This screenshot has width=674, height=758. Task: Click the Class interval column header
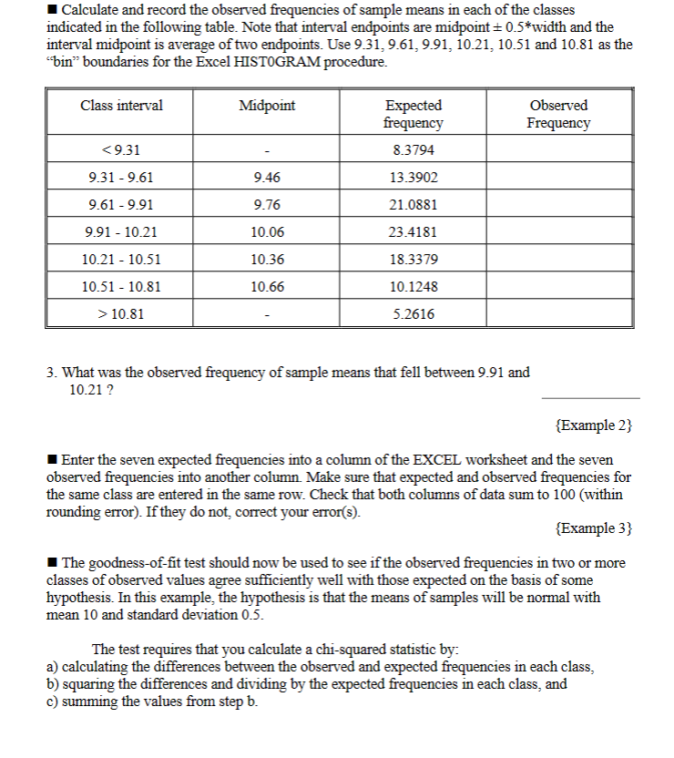point(121,106)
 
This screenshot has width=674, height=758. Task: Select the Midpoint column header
point(266,106)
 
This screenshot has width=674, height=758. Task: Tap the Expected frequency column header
point(413,114)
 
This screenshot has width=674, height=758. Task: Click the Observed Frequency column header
point(558,114)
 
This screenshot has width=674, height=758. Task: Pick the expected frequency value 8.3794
point(413,150)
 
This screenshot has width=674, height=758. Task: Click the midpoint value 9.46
point(266,178)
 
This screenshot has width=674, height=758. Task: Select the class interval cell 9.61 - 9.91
point(121,205)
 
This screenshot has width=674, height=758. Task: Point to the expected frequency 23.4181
point(413,232)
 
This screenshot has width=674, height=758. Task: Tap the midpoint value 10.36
point(266,260)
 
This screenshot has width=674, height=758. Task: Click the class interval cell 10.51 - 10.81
point(121,287)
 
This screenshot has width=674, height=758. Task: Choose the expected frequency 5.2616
point(413,314)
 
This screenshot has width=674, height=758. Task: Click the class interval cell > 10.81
point(121,314)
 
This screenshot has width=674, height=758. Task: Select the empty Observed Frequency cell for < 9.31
point(558,150)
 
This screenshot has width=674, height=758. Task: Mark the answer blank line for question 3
point(590,396)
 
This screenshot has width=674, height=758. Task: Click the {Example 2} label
point(593,425)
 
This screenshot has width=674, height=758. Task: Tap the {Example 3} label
point(593,528)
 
